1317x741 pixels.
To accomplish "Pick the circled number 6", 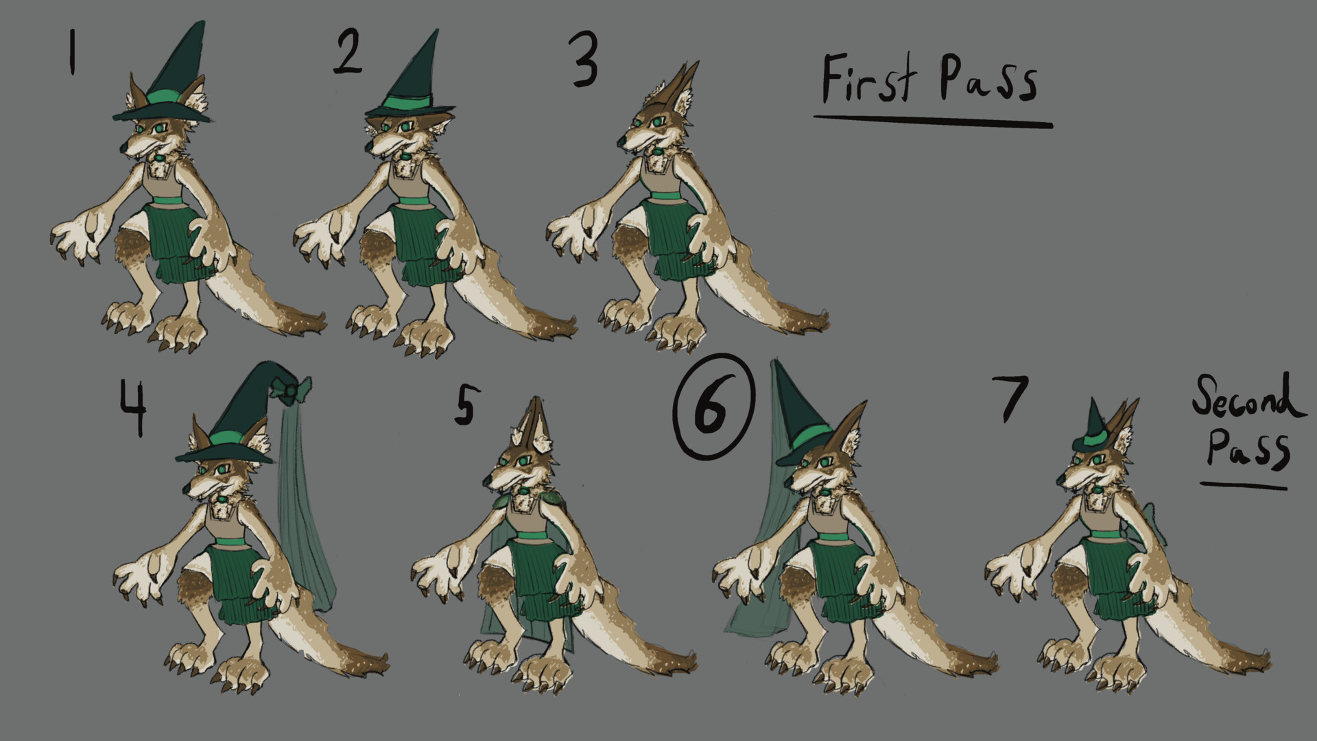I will pos(713,405).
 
